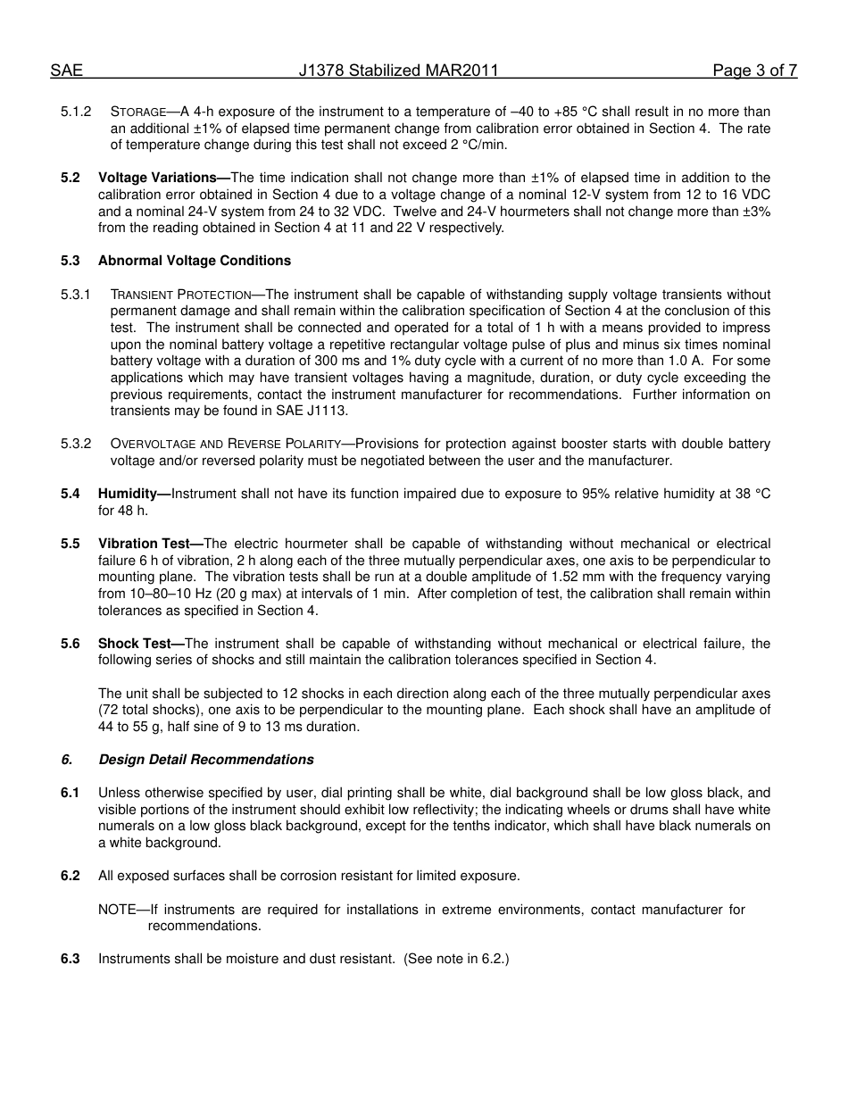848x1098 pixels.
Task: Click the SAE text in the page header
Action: pos(66,71)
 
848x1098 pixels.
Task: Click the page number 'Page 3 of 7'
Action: pos(754,71)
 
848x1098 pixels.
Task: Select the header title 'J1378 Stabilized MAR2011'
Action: pos(398,71)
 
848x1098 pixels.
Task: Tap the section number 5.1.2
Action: pos(76,112)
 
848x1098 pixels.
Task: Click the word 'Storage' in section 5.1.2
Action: pos(137,112)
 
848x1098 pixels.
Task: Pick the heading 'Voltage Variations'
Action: pos(161,178)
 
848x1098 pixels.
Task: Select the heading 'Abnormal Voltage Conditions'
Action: pos(194,261)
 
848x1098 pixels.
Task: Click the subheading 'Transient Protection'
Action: pos(180,295)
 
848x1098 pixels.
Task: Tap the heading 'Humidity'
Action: pos(130,494)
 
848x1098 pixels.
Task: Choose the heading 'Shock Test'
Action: pos(137,644)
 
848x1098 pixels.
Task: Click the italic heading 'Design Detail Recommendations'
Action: pos(205,760)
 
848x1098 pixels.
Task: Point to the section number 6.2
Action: pos(70,876)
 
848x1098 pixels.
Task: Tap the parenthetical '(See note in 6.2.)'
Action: pos(455,959)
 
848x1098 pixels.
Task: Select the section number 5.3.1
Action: pos(76,295)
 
